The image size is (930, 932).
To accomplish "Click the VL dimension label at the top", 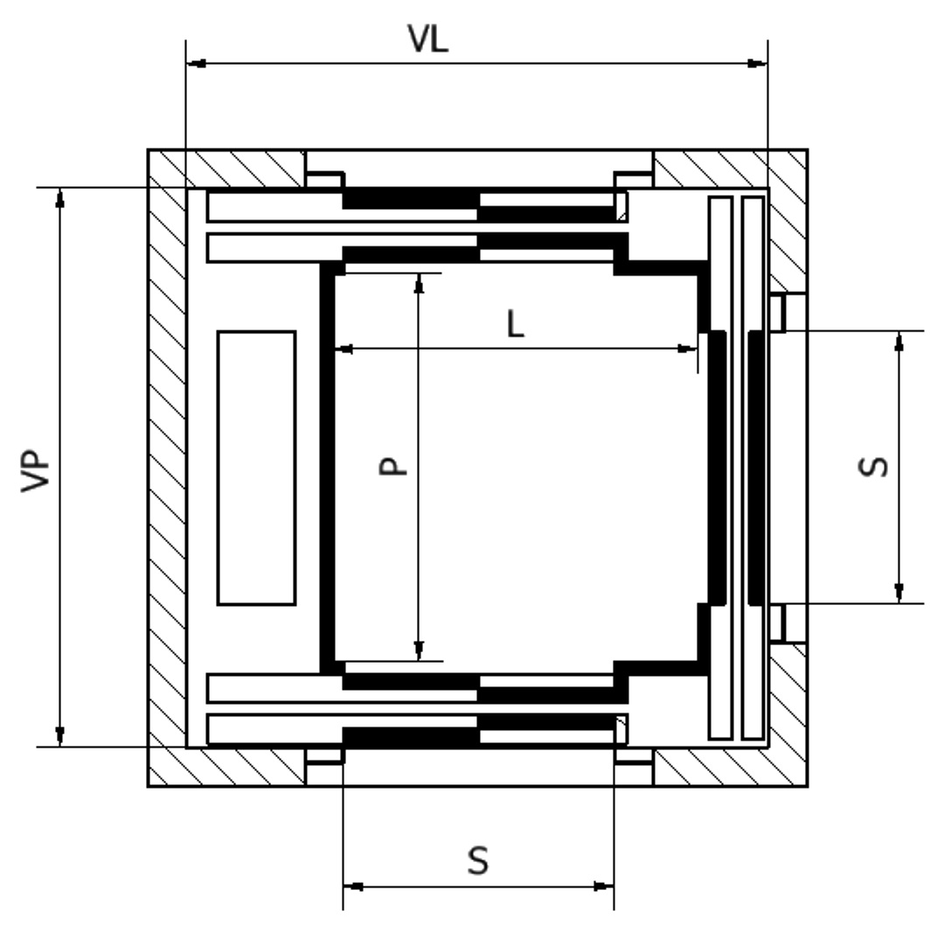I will pos(429,40).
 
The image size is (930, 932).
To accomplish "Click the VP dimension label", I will pos(38,473).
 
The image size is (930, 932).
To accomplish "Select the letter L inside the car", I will pos(516,325).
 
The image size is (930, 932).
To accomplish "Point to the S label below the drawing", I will pos(477,860).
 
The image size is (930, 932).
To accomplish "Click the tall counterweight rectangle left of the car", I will pos(256,468).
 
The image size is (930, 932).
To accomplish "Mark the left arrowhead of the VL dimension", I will pos(197,63).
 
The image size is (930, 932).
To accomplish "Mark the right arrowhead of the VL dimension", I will pos(757,63).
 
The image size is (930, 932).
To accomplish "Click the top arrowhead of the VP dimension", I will pos(60,197).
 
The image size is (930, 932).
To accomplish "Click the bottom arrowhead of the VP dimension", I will pos(60,737).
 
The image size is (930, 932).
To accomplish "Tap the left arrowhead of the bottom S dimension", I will pos(352,886).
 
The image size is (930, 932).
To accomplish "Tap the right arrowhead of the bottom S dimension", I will pos(604,886).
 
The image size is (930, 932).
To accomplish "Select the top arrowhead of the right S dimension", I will pos(899,341).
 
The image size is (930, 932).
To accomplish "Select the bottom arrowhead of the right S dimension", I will pos(899,594).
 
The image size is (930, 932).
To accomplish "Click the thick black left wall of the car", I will pos(328,468).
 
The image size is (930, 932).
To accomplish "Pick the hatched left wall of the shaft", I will pos(166,468).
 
